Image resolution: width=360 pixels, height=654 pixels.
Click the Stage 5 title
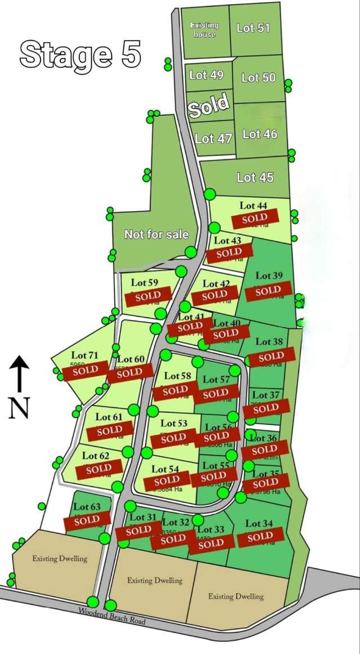[80, 55]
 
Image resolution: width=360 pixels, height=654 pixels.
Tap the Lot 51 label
[253, 28]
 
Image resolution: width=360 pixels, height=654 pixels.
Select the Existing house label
[204, 30]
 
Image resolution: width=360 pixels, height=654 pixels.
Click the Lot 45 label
[255, 177]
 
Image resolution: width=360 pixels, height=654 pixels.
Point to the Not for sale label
[156, 234]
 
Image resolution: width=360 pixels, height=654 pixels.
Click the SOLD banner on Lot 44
[254, 218]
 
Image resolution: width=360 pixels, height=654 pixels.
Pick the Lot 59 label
[145, 282]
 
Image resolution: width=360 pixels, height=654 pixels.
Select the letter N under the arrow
[19, 408]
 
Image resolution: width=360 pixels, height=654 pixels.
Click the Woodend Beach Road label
[112, 616]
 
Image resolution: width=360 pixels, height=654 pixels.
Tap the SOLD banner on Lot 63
[87, 520]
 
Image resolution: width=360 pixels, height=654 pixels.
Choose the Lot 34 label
[259, 524]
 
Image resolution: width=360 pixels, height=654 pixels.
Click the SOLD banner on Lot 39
[268, 291]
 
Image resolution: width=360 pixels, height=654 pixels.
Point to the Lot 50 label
[259, 78]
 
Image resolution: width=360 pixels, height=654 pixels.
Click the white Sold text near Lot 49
[209, 105]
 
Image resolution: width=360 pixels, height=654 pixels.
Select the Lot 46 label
[260, 134]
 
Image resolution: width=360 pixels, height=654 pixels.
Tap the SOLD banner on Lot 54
[167, 481]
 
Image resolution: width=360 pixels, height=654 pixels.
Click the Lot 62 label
[96, 455]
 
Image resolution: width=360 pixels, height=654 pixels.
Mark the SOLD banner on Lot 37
[266, 408]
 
